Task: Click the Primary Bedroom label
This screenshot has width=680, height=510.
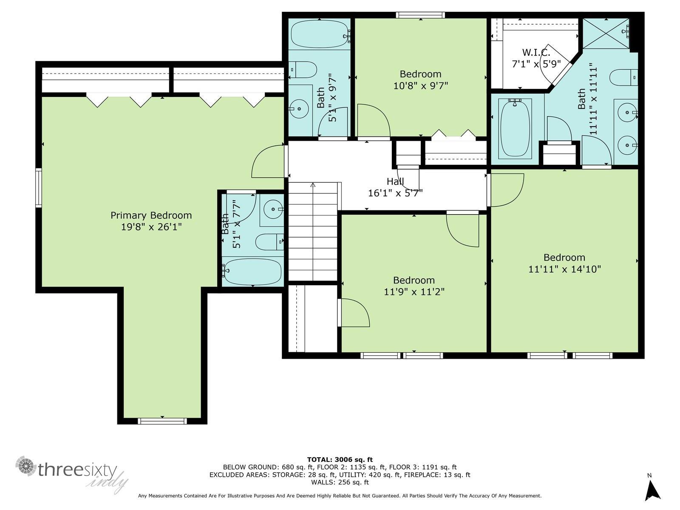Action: [151, 215]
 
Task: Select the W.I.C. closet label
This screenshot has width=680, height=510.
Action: [536, 53]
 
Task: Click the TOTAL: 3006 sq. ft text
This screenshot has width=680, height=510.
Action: [340, 459]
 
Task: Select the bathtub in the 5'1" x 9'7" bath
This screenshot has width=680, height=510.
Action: [319, 34]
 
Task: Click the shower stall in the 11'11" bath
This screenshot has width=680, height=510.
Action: [605, 33]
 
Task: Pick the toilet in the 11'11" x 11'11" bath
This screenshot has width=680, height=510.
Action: [623, 77]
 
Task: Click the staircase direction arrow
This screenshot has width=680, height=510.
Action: [313, 185]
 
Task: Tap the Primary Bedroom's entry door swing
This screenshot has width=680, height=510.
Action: [268, 162]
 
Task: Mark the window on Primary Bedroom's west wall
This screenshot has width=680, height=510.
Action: [39, 187]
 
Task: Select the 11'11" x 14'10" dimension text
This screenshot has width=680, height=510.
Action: [564, 269]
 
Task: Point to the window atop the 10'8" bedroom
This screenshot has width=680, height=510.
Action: [420, 15]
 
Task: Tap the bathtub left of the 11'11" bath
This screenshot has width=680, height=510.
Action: [515, 129]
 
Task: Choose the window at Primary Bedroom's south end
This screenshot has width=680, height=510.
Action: [162, 421]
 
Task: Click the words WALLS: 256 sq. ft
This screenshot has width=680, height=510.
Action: [340, 482]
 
